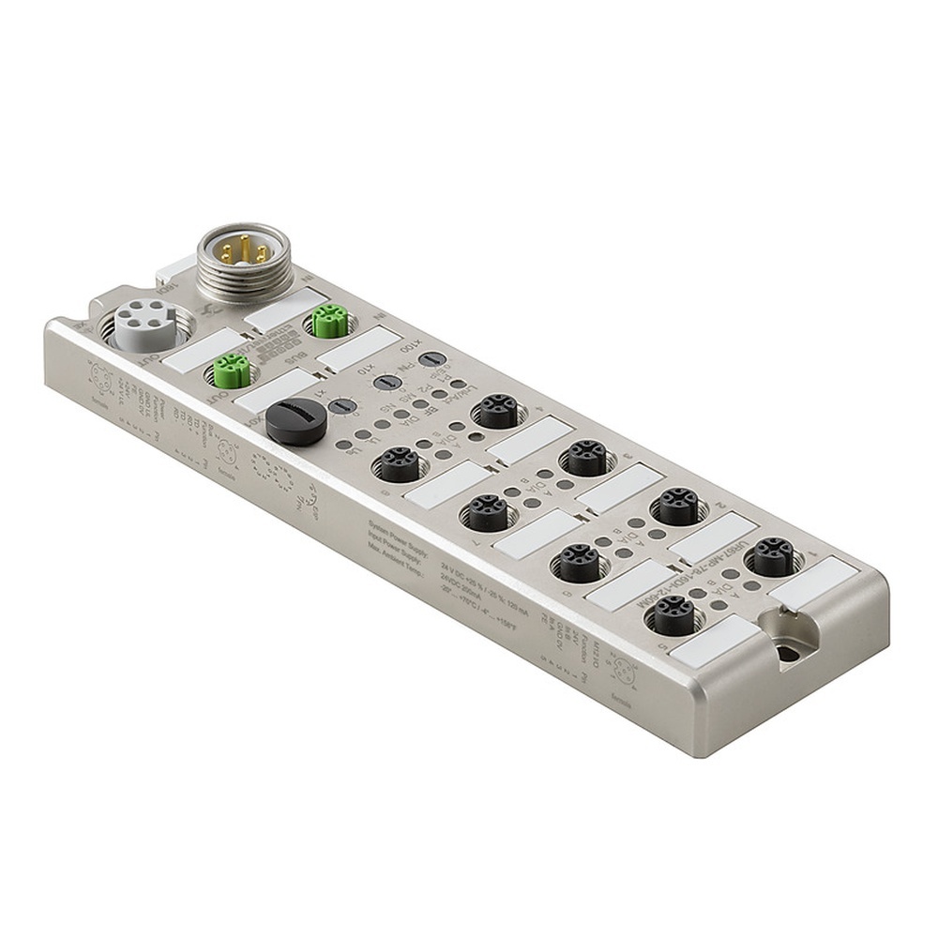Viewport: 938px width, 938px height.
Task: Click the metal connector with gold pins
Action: (x=243, y=255)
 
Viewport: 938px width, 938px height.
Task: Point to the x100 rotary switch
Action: (x=430, y=359)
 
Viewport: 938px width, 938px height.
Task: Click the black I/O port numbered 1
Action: (x=772, y=556)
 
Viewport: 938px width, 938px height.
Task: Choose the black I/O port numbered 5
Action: (x=673, y=614)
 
